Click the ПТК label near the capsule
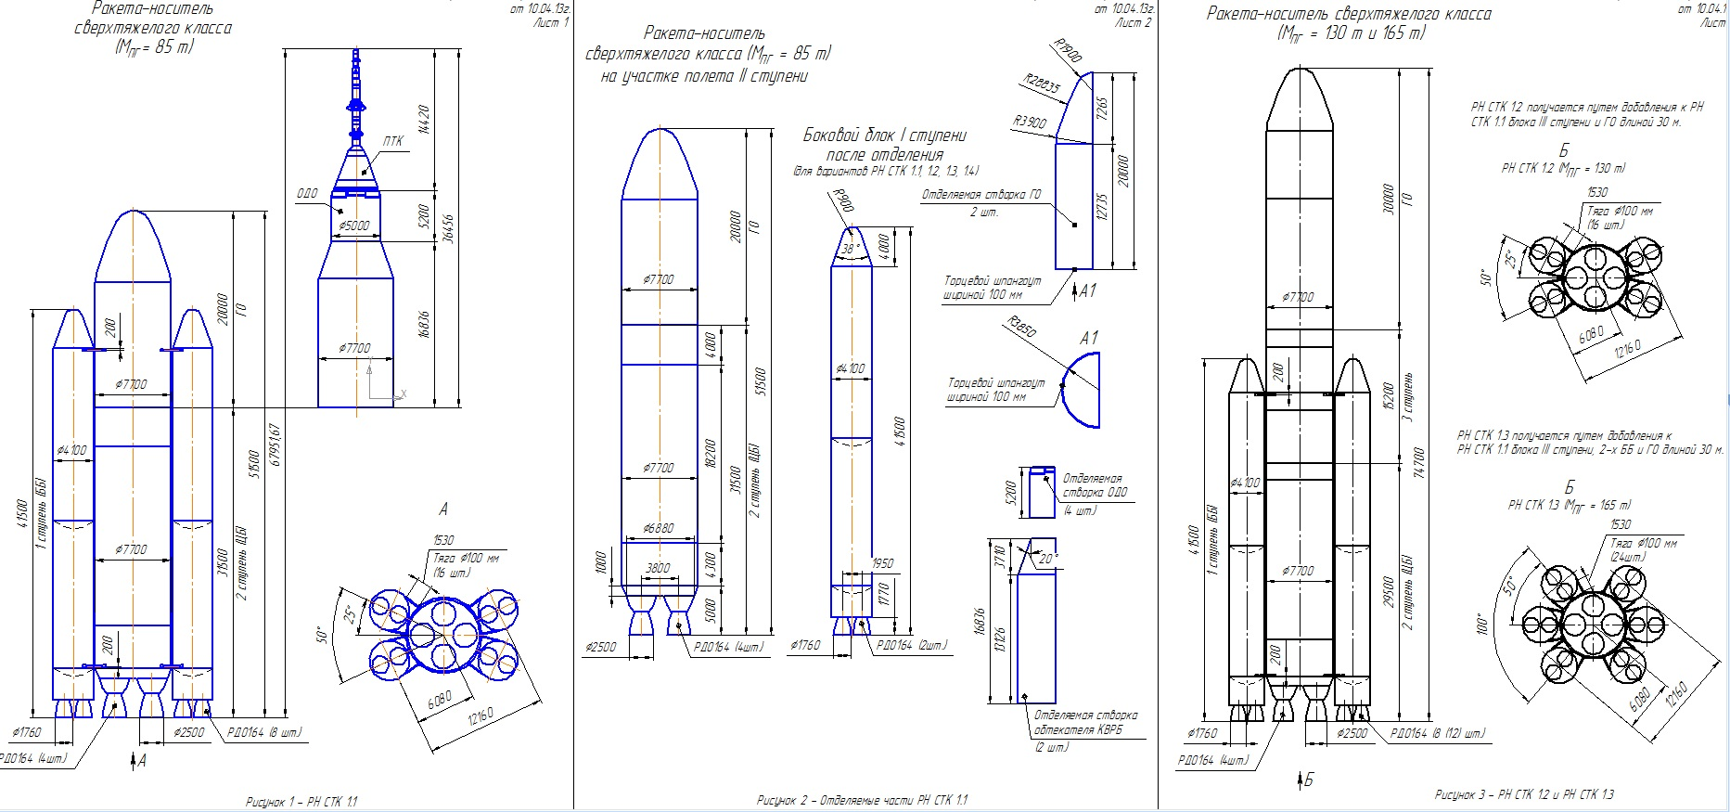tap(393, 142)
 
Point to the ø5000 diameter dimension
tap(354, 226)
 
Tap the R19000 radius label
tap(1069, 51)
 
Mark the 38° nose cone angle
tap(850, 250)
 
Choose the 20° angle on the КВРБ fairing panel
tap(1047, 559)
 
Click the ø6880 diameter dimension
tap(658, 528)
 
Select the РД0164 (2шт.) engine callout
tap(912, 645)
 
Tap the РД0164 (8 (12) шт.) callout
tap(1437, 733)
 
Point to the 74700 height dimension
tap(1418, 462)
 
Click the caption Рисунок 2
tap(862, 800)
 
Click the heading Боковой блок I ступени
tap(884, 135)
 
